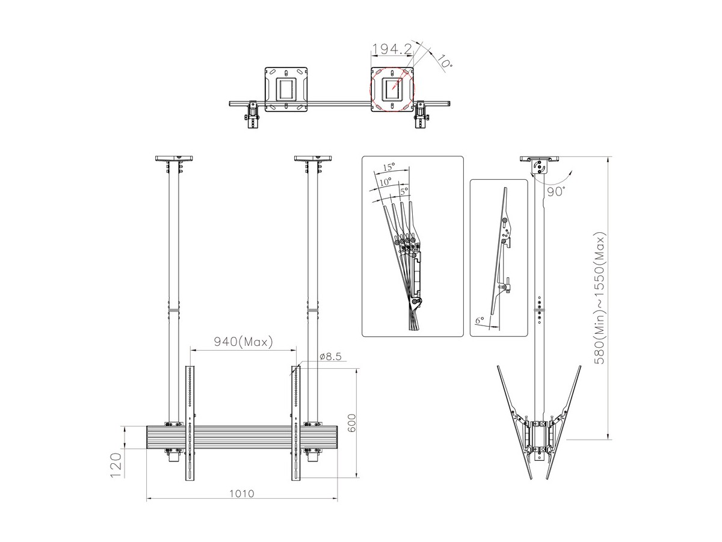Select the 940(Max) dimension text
tap(244, 342)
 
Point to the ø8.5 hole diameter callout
tap(331, 357)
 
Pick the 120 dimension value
tap(116, 465)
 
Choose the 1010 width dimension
tap(241, 493)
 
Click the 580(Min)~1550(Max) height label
tap(600, 297)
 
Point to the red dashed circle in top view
tap(392, 88)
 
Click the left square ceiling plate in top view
tap(286, 89)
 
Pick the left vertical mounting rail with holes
tap(190, 423)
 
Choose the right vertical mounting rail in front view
tap(296, 423)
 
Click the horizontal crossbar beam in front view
tap(242, 437)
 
